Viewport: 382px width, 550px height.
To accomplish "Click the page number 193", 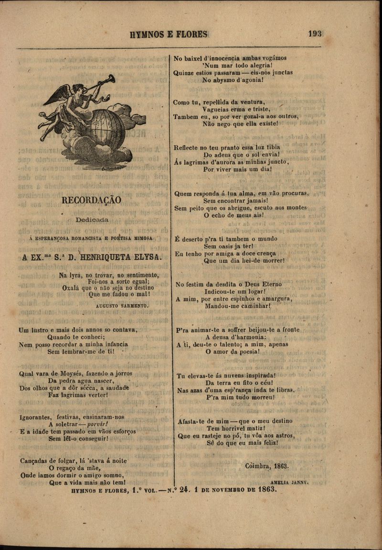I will click(315, 34).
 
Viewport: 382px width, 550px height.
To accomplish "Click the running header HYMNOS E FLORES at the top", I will click(169, 34).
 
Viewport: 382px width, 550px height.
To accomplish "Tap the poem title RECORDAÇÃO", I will click(91, 201).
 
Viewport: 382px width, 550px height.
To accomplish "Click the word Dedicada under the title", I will click(92, 220).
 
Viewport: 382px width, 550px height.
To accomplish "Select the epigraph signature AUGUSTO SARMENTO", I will click(122, 305).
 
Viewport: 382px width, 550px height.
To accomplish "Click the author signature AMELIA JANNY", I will click(289, 483).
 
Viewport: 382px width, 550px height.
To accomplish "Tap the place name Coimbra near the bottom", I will click(257, 466).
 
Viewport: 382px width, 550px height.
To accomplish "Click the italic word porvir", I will click(96, 424).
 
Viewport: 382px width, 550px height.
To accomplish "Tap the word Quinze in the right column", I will click(183, 73).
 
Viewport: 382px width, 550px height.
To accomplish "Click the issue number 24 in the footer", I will click(184, 490).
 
